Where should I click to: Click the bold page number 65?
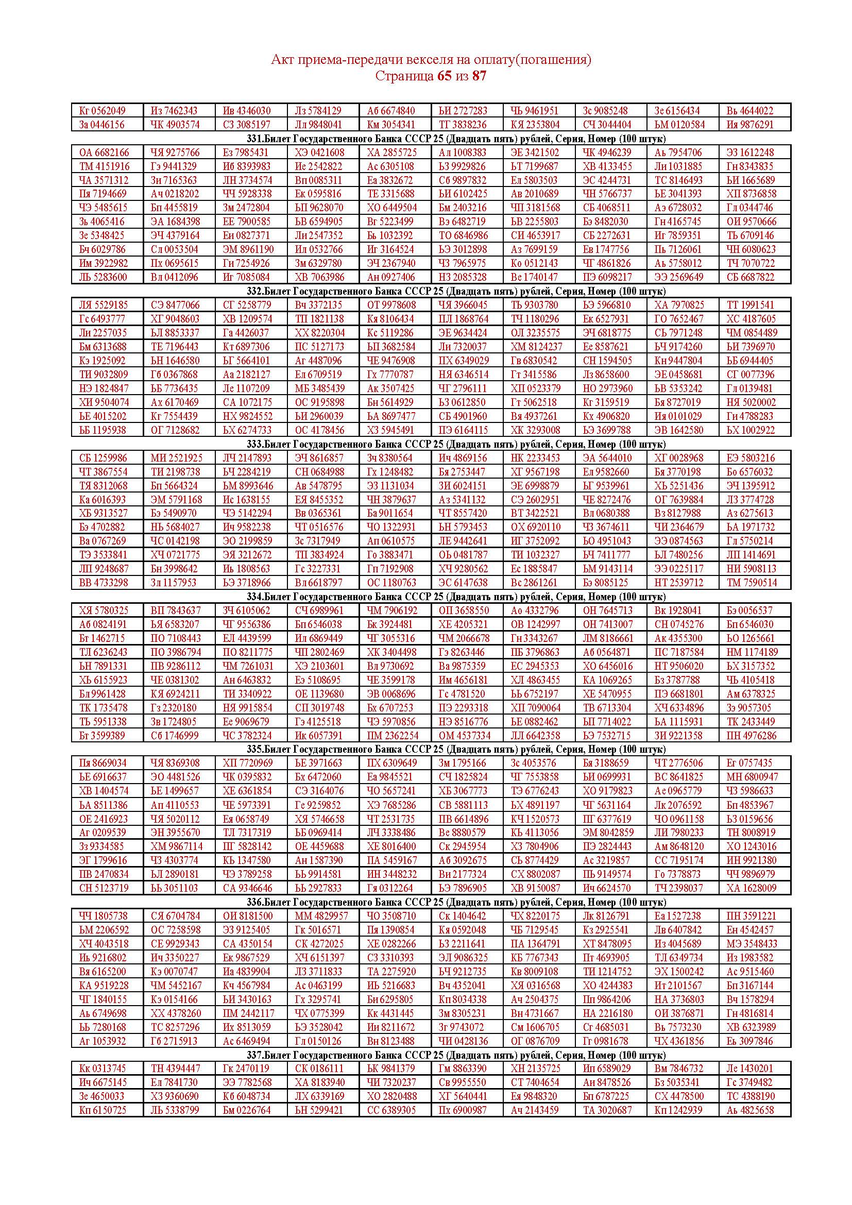point(444,76)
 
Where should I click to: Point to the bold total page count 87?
point(479,76)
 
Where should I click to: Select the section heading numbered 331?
point(456,139)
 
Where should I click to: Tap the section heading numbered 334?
point(456,597)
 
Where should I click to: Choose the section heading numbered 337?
point(456,1055)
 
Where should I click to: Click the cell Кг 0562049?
point(103,111)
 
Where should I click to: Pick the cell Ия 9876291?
point(749,125)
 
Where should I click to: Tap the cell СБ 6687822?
point(750,277)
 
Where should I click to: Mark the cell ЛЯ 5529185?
point(103,305)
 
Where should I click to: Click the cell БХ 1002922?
point(750,430)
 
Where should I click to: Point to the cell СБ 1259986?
point(103,457)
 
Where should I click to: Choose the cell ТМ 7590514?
point(750,583)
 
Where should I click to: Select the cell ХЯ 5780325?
point(104,610)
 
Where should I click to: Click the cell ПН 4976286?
point(750,735)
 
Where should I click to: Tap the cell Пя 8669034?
point(103,763)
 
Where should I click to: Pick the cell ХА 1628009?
point(750,888)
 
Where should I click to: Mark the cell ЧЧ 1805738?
point(103,916)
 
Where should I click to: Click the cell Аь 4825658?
point(750,1110)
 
